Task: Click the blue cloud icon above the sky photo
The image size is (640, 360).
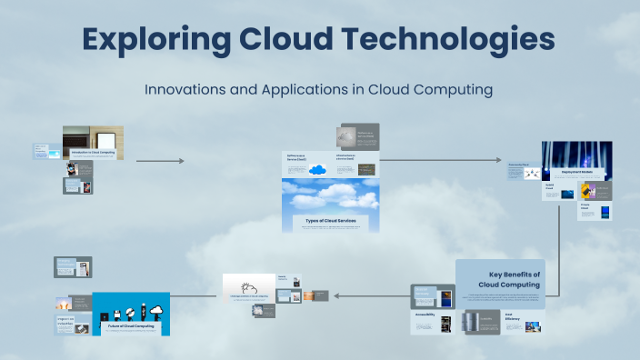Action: (318, 169)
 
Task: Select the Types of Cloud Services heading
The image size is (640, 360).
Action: (331, 221)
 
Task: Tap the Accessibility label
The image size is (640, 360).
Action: (425, 315)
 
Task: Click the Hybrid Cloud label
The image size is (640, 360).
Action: (550, 186)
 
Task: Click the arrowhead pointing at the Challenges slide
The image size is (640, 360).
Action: (336, 295)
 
